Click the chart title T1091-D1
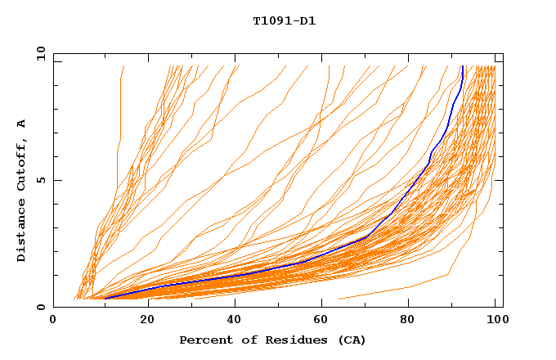tap(284, 21)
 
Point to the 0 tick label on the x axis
tap(53, 321)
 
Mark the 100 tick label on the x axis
tap(495, 321)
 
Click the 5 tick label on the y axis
tap(39, 180)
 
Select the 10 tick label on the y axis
tap(38, 53)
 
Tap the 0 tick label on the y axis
tap(39, 307)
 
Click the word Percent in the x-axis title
tap(203, 340)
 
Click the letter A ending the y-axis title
tap(21, 124)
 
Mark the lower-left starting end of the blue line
tap(105, 299)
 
